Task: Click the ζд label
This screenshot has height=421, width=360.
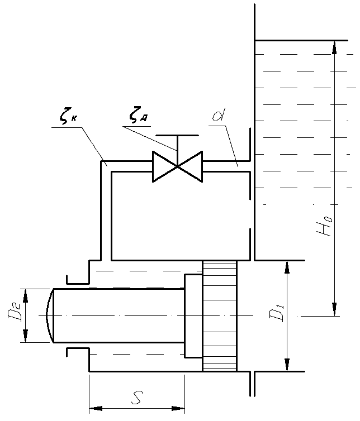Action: coord(138,115)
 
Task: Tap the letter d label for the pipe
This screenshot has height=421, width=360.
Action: coord(219,114)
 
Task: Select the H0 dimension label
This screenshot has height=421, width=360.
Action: coord(324,226)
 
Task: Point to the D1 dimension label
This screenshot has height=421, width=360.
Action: coord(277,313)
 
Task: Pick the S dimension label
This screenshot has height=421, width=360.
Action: coord(137,398)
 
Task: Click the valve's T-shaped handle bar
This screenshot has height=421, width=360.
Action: coord(177,135)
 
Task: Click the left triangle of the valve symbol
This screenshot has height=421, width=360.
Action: coord(165,166)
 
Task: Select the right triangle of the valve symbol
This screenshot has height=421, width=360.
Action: coord(190,166)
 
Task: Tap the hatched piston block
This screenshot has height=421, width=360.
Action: coord(220,316)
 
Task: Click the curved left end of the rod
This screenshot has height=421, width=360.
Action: coord(49,315)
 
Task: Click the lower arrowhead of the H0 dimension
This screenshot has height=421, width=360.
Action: coord(334,309)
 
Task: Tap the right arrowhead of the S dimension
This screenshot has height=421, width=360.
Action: coord(178,409)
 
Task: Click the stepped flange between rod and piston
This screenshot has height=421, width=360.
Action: coord(193,316)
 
